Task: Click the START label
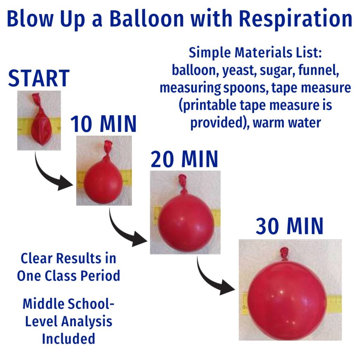click(39, 78)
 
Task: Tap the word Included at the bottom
click(69, 339)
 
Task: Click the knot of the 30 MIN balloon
click(284, 253)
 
